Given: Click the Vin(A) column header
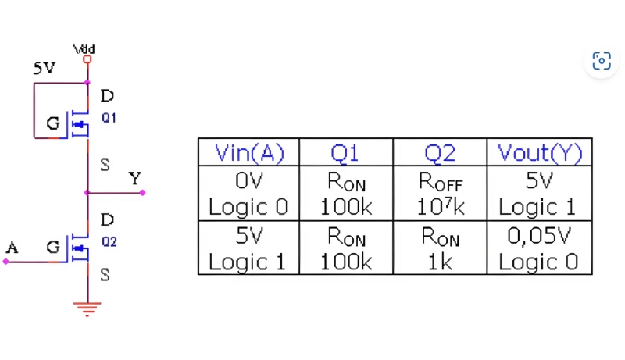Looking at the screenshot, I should coord(248,152).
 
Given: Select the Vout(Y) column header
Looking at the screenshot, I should coord(539,152).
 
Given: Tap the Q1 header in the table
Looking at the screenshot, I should coord(345,152).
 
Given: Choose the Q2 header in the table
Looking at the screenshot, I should coord(439,152).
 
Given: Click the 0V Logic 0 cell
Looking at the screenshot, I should coord(248,194).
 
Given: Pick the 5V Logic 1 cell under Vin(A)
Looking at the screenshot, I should coord(248,248).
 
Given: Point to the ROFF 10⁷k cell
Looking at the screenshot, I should coord(439,194).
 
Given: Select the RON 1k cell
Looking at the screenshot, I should coord(439,248).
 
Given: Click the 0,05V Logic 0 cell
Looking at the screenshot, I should coord(539,248).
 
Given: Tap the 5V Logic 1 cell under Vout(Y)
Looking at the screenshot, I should coord(539,194).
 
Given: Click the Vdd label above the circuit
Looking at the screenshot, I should coord(84,48).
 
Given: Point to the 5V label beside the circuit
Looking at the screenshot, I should coord(44,69).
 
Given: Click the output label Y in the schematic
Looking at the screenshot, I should coord(135,179).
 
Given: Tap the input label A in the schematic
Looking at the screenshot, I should coord(12,248).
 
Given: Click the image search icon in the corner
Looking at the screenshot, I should coord(601,61).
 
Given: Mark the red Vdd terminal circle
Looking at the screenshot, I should coord(87,59).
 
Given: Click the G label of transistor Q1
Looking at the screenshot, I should coord(52,123).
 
